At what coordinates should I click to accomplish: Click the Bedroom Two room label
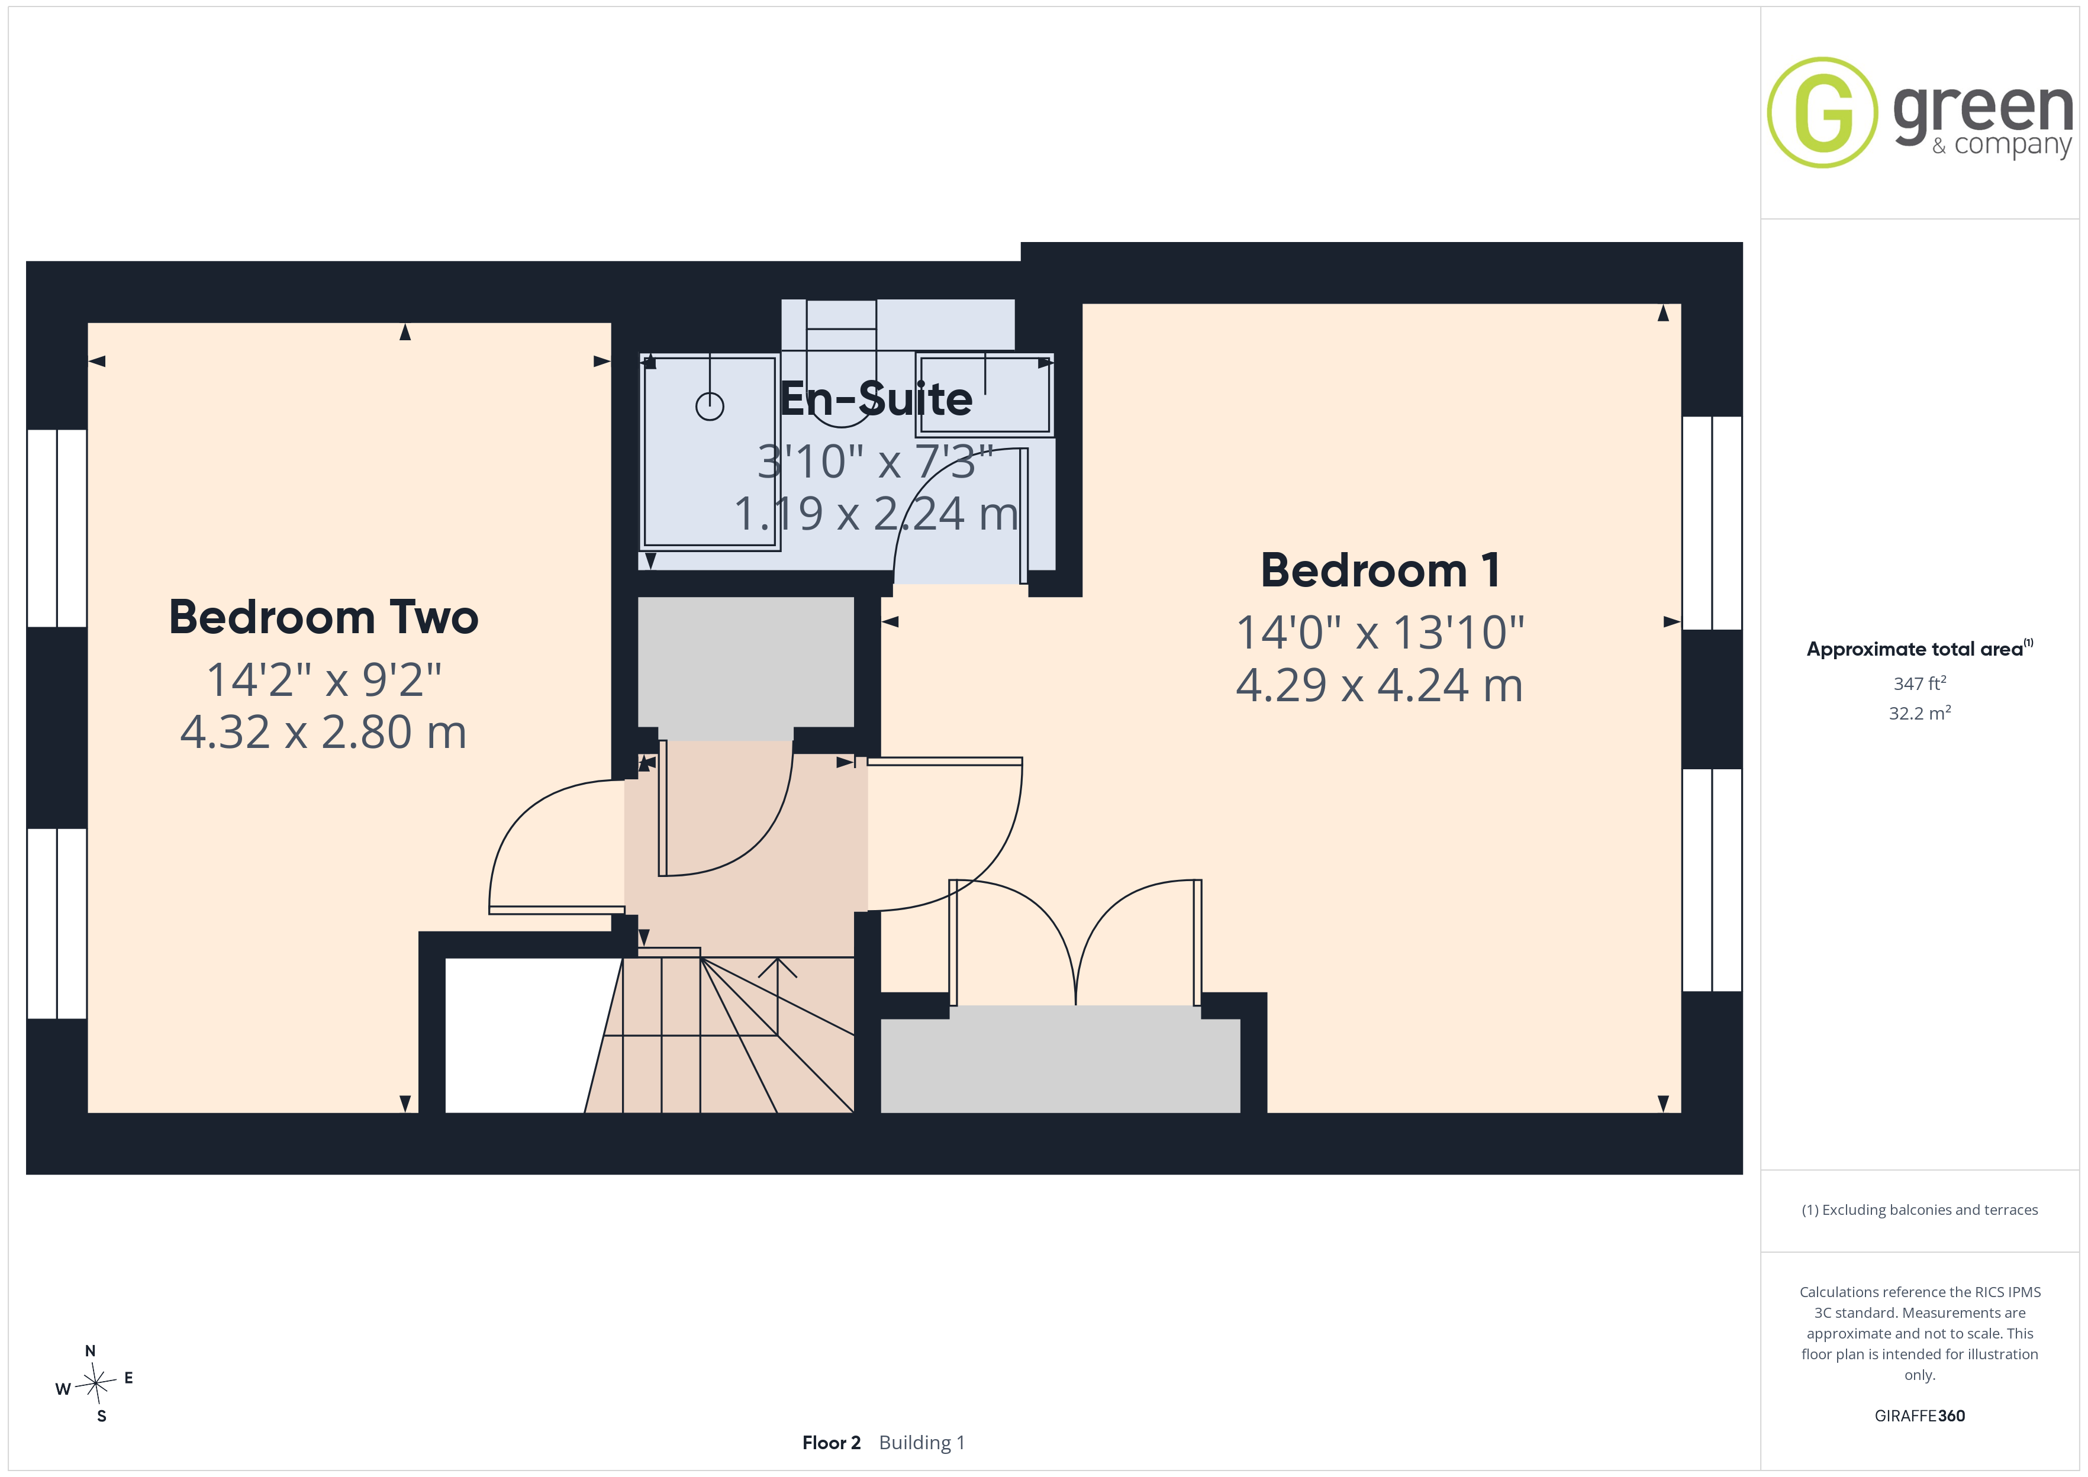pyautogui.click(x=324, y=618)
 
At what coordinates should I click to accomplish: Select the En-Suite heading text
pyautogui.click(x=877, y=399)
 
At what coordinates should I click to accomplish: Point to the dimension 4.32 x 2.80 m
pyautogui.click(x=324, y=732)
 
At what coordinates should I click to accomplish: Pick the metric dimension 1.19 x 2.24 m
pyautogui.click(x=877, y=514)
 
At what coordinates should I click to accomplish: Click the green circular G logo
pyautogui.click(x=1822, y=113)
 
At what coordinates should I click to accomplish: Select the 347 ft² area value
pyautogui.click(x=1920, y=683)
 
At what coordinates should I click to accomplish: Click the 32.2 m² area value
pyautogui.click(x=1920, y=713)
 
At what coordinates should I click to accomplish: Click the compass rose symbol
pyautogui.click(x=95, y=1384)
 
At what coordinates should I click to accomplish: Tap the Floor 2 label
pyautogui.click(x=831, y=1443)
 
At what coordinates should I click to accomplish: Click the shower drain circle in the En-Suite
pyautogui.click(x=710, y=407)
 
